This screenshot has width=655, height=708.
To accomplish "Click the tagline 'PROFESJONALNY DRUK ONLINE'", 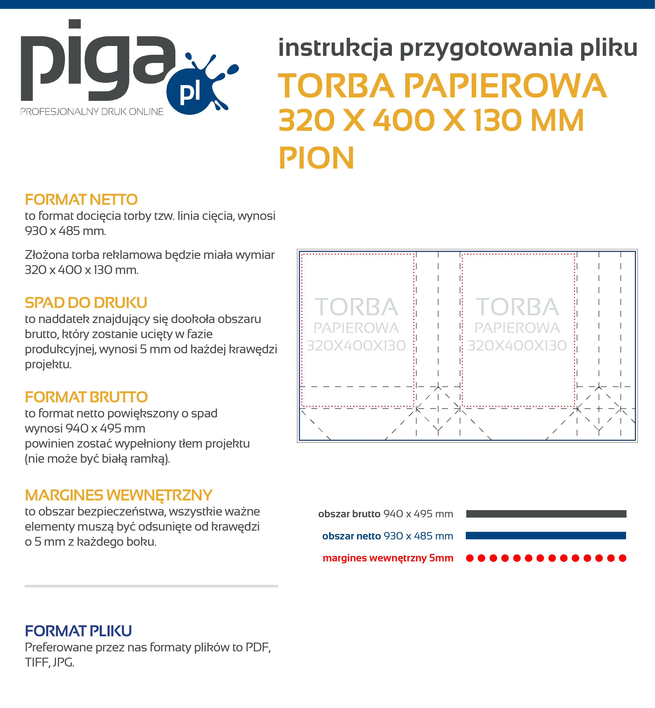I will click(92, 112).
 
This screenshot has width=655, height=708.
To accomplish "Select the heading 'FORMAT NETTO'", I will click(81, 200).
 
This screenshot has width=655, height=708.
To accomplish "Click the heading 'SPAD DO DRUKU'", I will click(86, 303).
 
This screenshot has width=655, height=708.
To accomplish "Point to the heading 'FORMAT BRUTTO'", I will click(86, 397).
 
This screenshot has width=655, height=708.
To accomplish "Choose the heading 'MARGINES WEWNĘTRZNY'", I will click(118, 495).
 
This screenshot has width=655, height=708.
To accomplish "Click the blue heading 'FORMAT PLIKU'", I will click(78, 631).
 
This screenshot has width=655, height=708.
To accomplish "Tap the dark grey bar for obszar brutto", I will click(546, 514).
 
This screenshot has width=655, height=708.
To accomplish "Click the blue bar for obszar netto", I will click(546, 535).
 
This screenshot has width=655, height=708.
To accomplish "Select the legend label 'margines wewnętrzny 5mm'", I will click(388, 558).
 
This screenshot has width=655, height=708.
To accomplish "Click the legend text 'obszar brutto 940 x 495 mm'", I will click(385, 514).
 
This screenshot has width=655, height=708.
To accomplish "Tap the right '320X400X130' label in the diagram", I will click(517, 345).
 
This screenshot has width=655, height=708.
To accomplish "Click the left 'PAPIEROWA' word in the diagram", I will click(356, 328).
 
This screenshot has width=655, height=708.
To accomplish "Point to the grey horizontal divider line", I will click(151, 586).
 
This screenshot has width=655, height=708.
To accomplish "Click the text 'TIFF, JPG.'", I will click(50, 662).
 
